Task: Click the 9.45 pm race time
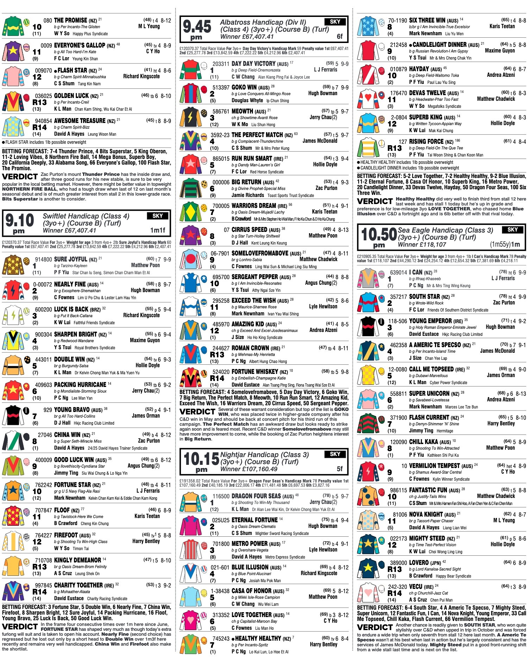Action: click(x=197, y=29)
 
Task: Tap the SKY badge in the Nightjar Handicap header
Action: click(x=335, y=454)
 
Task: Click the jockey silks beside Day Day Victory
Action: click(x=190, y=70)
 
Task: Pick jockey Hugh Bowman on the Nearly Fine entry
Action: click(x=145, y=290)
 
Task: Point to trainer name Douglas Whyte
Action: click(x=247, y=100)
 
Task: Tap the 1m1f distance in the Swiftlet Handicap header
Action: click(x=157, y=230)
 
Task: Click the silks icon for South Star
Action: click(x=368, y=303)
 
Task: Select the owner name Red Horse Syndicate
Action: click(x=267, y=172)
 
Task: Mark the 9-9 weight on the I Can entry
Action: click(x=522, y=272)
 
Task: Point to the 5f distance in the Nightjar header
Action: click(x=340, y=469)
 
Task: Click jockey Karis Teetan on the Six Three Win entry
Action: click(x=502, y=26)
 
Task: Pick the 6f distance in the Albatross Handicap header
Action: click(x=340, y=36)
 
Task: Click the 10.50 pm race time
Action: click(x=379, y=237)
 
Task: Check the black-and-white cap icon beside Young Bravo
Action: click(x=26, y=411)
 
